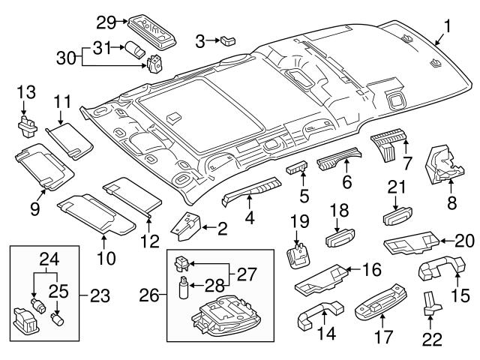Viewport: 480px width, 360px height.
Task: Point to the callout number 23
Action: point(100,294)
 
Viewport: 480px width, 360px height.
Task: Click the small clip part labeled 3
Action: point(229,38)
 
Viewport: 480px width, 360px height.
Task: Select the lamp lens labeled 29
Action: point(148,24)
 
